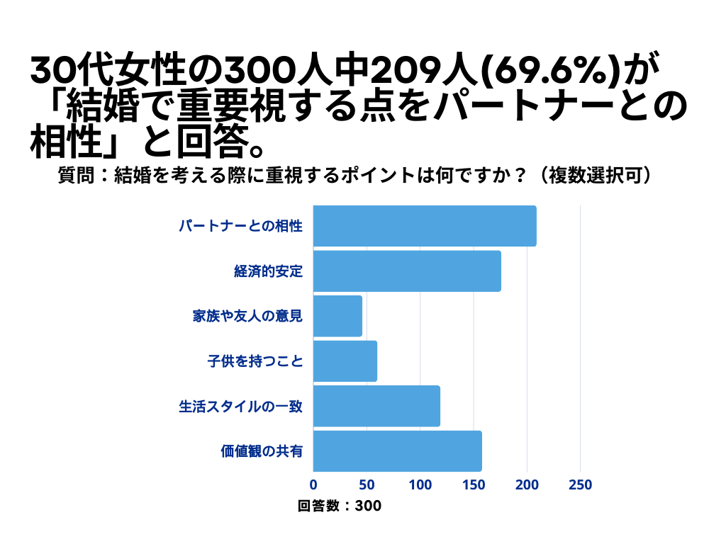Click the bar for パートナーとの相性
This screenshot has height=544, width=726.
425,226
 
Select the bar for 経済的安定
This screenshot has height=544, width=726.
407,271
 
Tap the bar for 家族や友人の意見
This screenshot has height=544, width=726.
337,316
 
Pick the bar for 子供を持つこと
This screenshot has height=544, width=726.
345,361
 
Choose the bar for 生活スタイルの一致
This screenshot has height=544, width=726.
376,406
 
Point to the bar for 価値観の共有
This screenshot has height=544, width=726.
397,451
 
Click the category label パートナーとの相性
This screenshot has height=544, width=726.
240,227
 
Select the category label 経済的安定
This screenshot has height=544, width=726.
269,271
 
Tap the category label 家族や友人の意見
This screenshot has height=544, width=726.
247,316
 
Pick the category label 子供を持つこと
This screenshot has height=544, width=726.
255,361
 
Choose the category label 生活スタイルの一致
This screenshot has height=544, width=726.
240,407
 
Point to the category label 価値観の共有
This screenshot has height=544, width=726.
262,451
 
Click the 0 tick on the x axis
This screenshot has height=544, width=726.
313,485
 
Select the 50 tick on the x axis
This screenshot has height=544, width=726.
367,485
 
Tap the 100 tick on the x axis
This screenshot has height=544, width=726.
420,485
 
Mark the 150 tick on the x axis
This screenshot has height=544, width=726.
474,485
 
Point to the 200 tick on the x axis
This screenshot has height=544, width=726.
527,485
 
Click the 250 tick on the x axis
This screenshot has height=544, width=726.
581,485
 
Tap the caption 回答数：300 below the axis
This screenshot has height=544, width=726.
340,506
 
